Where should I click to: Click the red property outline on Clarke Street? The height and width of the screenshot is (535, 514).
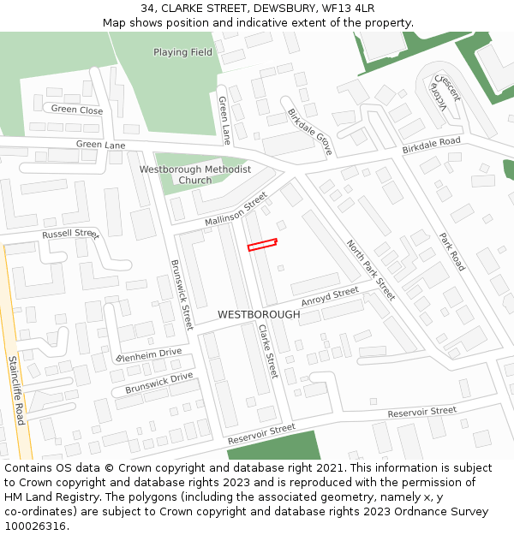click(262, 245)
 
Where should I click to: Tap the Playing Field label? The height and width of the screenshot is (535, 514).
click(182, 52)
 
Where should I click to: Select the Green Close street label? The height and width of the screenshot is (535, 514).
click(76, 110)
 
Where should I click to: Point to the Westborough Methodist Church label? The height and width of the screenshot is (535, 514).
click(195, 175)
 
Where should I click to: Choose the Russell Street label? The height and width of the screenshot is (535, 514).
click(71, 234)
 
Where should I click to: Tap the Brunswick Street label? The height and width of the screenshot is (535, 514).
click(182, 294)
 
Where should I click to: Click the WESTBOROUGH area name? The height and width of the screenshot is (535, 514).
click(259, 315)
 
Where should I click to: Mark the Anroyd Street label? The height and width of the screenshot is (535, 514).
click(330, 297)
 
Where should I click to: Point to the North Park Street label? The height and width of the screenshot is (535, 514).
click(370, 270)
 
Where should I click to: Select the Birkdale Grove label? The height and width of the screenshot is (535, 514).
click(309, 126)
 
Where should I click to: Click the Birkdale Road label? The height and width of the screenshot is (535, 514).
click(431, 146)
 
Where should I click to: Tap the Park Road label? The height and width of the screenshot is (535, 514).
click(451, 252)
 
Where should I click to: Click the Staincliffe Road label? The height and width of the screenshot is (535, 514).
click(15, 390)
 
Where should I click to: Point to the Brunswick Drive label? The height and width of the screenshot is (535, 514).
click(158, 383)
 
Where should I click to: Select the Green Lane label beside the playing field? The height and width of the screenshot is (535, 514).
click(224, 119)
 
